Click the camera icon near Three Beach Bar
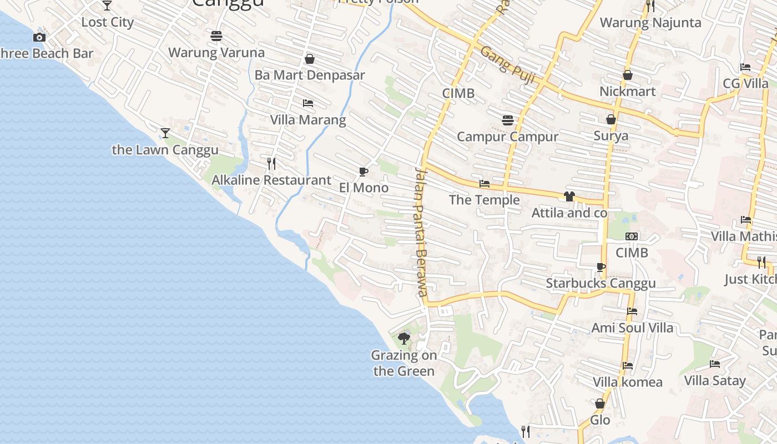(x=39, y=37)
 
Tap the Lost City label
(x=108, y=22)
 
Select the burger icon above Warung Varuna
(x=216, y=36)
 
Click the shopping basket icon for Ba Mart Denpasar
(x=310, y=59)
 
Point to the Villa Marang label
(x=307, y=120)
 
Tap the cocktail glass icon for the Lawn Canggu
(x=165, y=133)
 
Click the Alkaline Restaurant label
(x=271, y=180)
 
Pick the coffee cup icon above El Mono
(x=364, y=171)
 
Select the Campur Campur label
(x=507, y=137)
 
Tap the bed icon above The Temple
(x=485, y=184)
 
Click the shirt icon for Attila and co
(x=569, y=196)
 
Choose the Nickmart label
(x=627, y=92)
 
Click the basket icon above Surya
(x=611, y=119)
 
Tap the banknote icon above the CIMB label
(x=632, y=236)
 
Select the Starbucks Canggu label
(x=601, y=283)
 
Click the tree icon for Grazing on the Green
(x=404, y=338)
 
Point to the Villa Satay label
(x=715, y=381)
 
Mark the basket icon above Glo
(x=600, y=403)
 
